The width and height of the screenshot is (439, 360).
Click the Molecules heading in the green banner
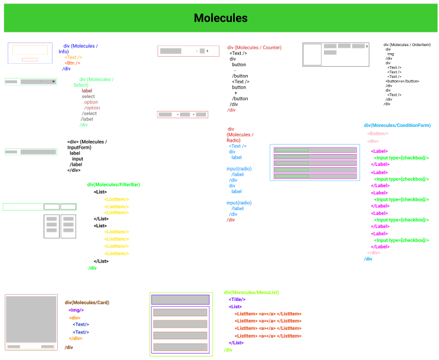(x=221, y=18)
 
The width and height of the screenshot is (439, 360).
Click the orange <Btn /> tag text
(x=73, y=63)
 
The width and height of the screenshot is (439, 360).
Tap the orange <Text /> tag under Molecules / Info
(x=73, y=57)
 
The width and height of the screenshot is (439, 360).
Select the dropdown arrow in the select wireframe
(x=54, y=81)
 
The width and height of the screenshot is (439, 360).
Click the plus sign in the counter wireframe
(x=207, y=51)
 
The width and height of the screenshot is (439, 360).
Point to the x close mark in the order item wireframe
(x=367, y=46)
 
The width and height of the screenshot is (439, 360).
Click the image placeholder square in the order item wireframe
(x=312, y=54)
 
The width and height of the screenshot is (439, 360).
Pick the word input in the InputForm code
(x=77, y=159)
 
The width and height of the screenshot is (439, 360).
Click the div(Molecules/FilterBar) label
(x=113, y=185)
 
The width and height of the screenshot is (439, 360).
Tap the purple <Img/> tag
(x=76, y=310)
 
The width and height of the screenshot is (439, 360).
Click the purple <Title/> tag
(x=237, y=299)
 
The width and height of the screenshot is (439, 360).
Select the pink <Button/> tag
(x=378, y=133)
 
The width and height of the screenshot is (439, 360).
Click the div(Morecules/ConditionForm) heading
(x=397, y=125)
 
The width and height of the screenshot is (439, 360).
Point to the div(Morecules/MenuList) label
(x=251, y=292)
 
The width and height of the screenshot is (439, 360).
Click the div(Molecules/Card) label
(x=87, y=302)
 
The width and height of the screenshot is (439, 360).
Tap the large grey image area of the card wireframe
(x=31, y=319)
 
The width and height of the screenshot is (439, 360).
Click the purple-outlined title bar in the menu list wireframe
(x=180, y=300)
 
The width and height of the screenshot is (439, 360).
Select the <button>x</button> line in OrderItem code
(x=402, y=81)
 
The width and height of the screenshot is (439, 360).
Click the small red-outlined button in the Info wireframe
(x=30, y=60)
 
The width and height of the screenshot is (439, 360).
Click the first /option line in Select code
(x=92, y=107)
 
